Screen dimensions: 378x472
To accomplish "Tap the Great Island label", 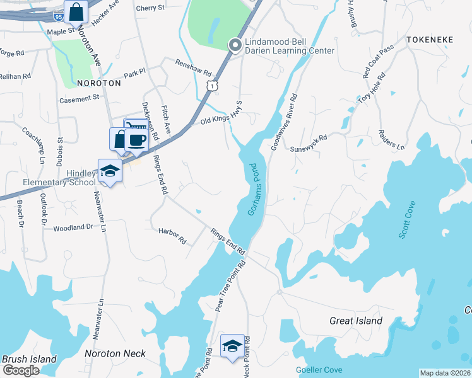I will [356, 321].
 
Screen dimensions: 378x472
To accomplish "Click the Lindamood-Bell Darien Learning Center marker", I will [235, 44].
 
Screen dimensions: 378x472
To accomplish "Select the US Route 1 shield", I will [215, 84].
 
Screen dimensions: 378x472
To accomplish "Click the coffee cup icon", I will [137, 139].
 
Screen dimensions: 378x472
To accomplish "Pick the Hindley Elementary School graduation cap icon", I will [110, 170].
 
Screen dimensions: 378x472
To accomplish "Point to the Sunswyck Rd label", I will [309, 144].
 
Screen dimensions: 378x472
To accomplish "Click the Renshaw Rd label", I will [194, 69].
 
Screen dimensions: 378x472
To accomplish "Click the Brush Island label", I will [29, 359].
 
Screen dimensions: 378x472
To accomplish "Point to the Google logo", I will [20, 370].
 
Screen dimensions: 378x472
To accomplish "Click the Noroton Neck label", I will [119, 353].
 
